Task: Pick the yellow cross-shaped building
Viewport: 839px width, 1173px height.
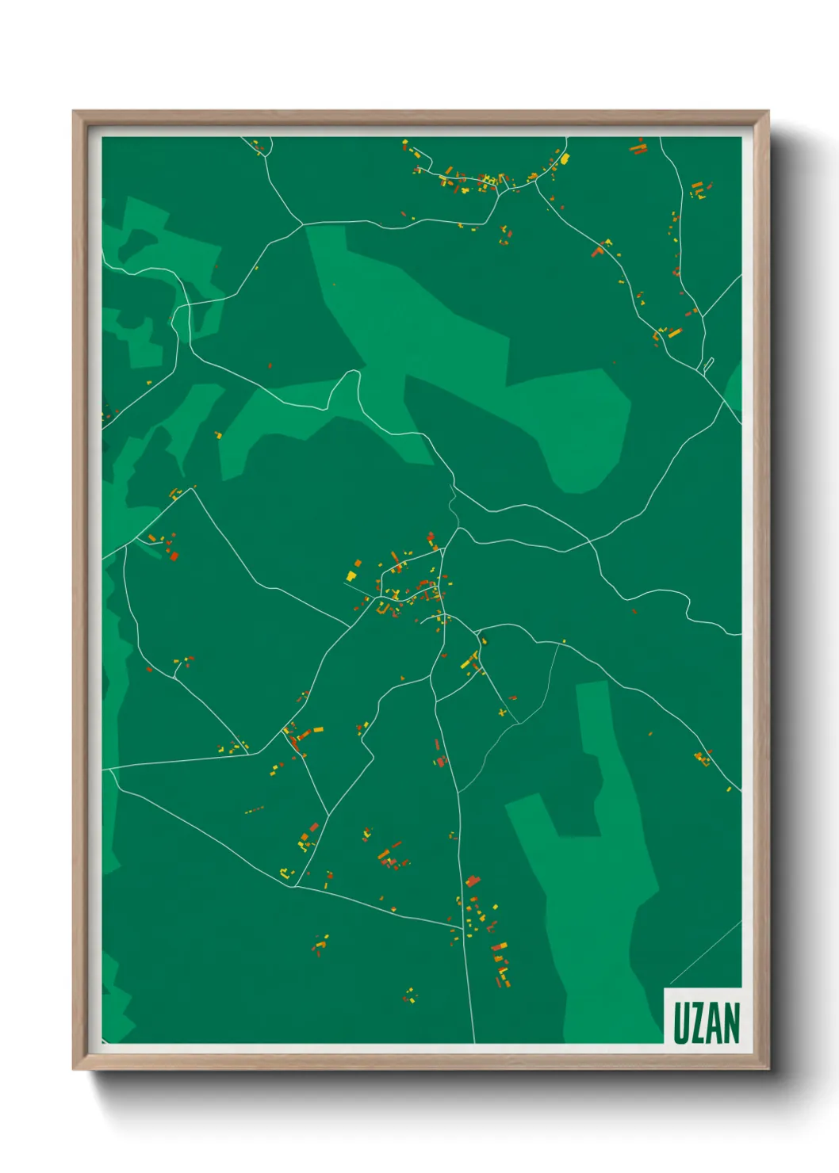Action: pos(502,713)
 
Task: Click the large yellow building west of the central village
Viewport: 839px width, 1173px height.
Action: pos(351,576)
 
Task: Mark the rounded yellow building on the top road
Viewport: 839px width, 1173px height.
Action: pos(565,158)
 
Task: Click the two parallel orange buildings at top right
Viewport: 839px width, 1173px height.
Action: pos(638,147)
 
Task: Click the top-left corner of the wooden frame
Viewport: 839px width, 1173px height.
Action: pos(74,112)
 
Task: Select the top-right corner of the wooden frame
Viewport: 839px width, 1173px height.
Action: pos(768,112)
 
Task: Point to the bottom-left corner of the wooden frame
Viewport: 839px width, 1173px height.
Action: pos(74,1069)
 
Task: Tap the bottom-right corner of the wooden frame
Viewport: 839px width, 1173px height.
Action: pos(768,1069)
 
